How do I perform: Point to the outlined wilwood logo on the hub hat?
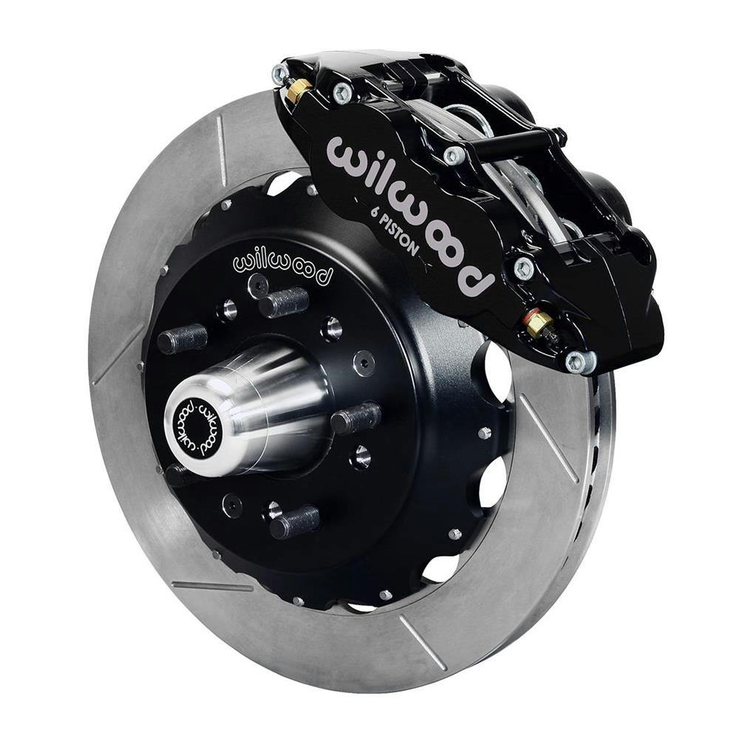pos(282,267)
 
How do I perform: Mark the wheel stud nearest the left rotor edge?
pos(182,338)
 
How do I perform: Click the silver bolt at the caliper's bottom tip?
pos(579,361)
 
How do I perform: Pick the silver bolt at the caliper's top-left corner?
pos(280,73)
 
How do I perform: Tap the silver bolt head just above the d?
pos(523,267)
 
